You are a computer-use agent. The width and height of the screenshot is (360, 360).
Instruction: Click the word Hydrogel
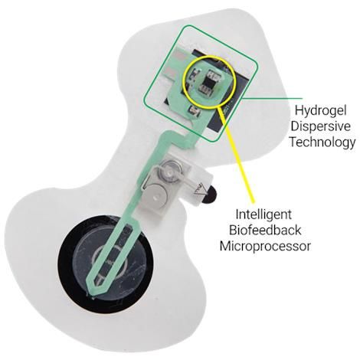click(320, 111)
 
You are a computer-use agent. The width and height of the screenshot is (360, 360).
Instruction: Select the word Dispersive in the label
click(321, 126)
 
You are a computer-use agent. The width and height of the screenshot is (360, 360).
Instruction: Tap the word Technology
click(322, 142)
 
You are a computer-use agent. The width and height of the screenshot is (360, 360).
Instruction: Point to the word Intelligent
click(263, 215)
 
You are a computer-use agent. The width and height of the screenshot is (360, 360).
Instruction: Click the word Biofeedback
click(265, 230)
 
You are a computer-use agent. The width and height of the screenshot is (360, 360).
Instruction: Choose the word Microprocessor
click(265, 246)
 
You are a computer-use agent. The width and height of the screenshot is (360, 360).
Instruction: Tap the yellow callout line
click(237, 155)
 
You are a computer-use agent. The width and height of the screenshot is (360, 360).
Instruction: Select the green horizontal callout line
click(272, 98)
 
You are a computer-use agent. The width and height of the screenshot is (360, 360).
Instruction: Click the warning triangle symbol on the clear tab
click(201, 189)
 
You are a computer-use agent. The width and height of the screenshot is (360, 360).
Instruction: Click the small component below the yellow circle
click(193, 110)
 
